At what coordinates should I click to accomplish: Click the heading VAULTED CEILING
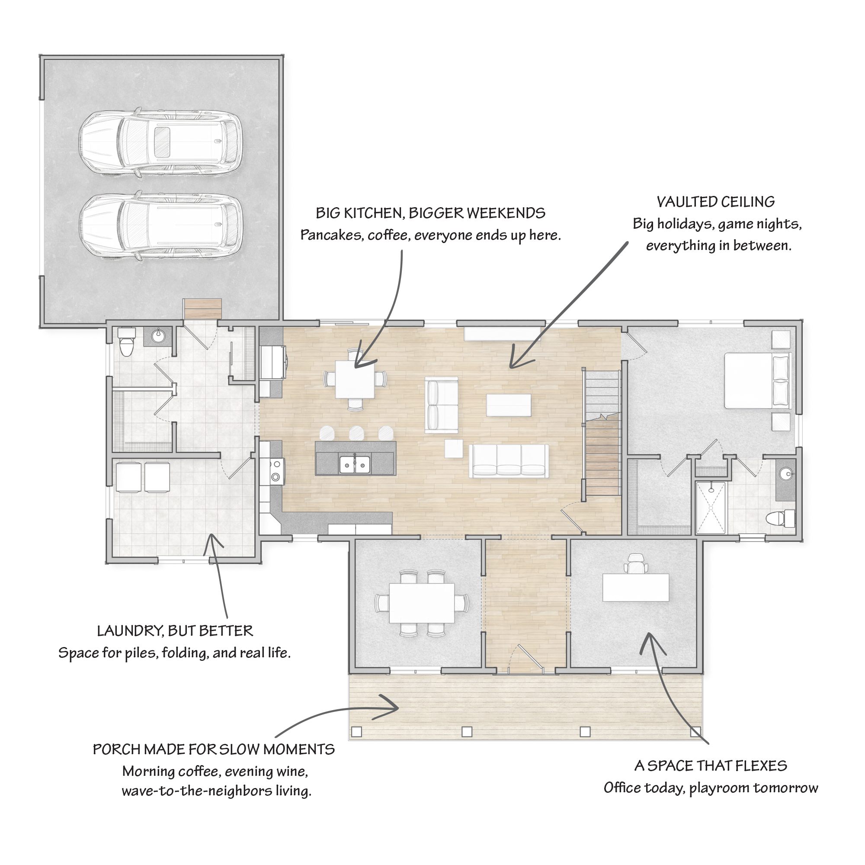point(715,202)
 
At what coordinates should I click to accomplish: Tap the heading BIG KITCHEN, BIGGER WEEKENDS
point(430,213)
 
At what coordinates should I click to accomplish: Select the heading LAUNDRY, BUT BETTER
point(175,631)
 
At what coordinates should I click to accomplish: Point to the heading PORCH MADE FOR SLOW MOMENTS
point(214,750)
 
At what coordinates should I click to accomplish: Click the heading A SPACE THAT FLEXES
point(711,766)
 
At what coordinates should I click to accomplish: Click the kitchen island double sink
point(355,464)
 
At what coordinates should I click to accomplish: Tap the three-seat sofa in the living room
point(509,461)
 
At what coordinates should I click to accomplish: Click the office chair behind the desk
point(636,563)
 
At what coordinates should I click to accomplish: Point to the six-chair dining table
point(422,602)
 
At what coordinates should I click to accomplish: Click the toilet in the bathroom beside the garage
point(127,341)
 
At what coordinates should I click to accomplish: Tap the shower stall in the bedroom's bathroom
point(711,508)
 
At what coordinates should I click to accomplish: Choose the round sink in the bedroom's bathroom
point(786,473)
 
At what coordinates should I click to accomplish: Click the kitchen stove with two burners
point(276,471)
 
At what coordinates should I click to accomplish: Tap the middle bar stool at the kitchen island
point(356,433)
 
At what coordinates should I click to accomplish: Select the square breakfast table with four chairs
point(355,380)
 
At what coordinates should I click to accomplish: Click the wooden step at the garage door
point(202,309)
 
